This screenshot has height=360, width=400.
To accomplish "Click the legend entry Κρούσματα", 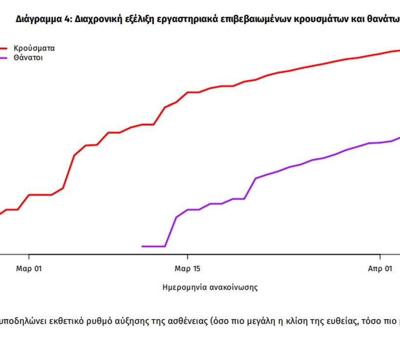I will tap(34, 48).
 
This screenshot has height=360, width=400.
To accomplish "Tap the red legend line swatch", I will tap(4, 48).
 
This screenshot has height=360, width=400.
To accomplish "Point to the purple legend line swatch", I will tap(4, 58).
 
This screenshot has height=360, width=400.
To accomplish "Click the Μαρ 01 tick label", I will tap(29, 269).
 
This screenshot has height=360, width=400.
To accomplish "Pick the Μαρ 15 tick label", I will tap(188, 269).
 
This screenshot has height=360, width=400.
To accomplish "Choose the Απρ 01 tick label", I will tap(380, 269).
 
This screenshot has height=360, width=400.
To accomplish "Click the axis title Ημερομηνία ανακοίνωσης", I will tap(210, 287).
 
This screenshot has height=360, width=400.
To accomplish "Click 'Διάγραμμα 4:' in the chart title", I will tap(38, 20).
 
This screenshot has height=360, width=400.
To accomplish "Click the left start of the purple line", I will tap(142, 246).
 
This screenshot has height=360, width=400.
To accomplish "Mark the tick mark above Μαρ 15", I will tap(188, 257).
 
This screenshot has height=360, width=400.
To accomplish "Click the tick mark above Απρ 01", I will tap(380, 257).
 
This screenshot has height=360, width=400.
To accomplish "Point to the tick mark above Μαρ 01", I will tap(29, 257).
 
